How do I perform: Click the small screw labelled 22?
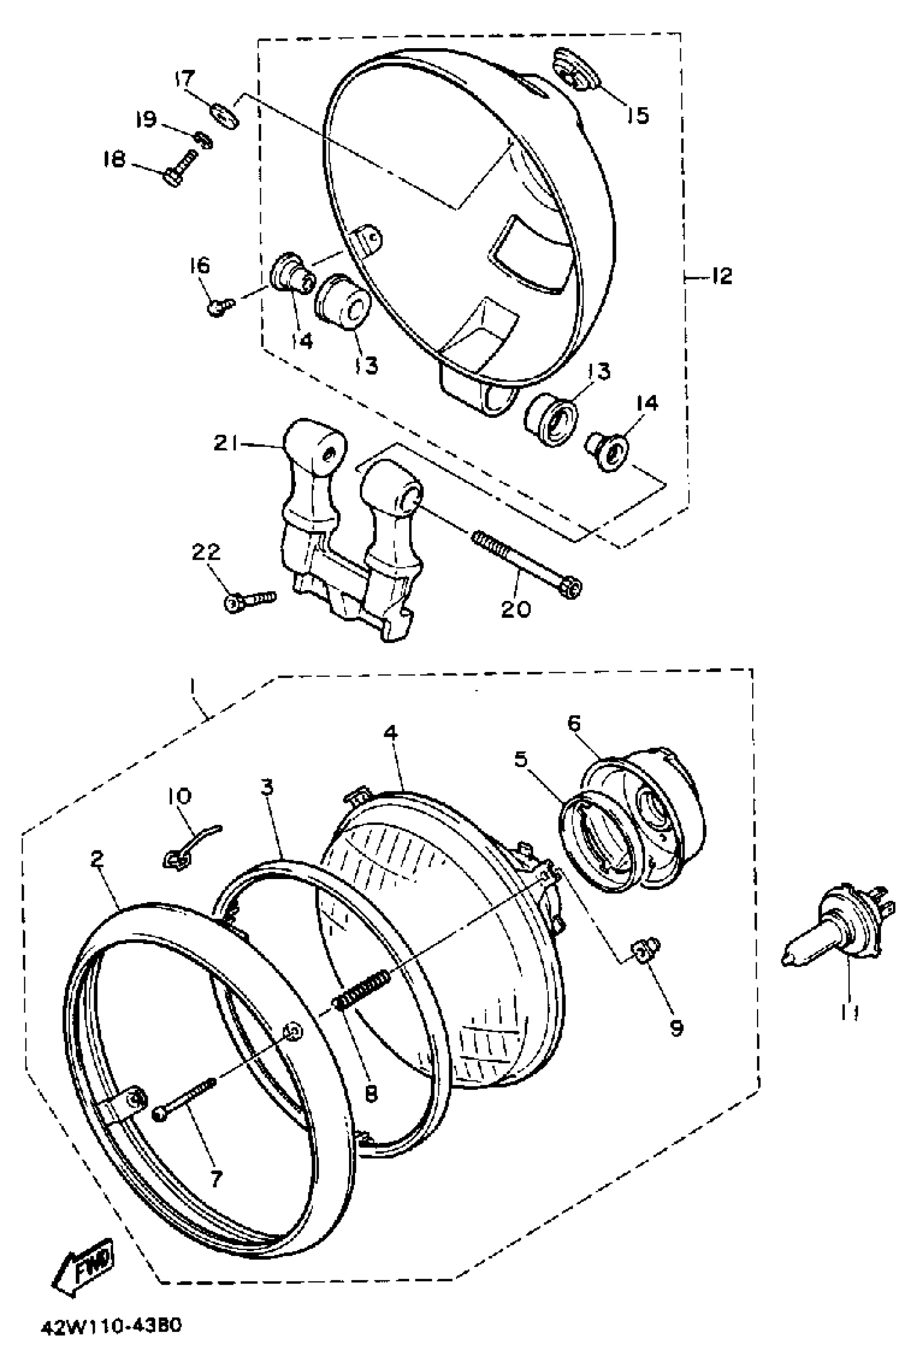250,600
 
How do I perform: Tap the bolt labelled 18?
179,167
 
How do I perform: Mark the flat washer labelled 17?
225,114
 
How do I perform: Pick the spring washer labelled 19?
203,140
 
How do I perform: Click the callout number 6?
574,724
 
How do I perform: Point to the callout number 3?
267,787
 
